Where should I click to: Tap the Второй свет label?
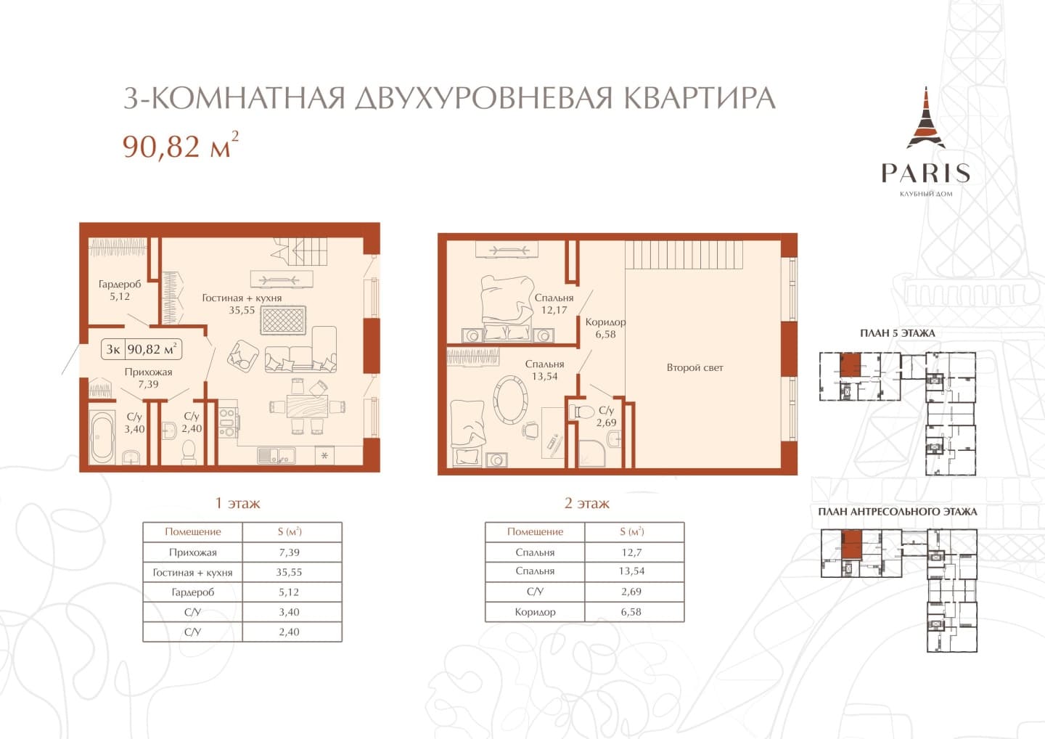pyautogui.click(x=694, y=367)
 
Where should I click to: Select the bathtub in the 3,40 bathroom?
pyautogui.click(x=102, y=437)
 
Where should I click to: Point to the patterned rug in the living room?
pyautogui.click(x=283, y=320)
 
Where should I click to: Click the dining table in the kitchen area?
pyautogui.click(x=307, y=407)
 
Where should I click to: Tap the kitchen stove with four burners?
pyautogui.click(x=228, y=422)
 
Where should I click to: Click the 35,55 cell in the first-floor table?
pyautogui.click(x=289, y=572)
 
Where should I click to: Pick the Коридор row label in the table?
pyautogui.click(x=535, y=612)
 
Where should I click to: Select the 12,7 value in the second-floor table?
pyautogui.click(x=631, y=552)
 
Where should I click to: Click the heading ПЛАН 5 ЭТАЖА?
pyautogui.click(x=898, y=333)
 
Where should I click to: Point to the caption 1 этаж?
pyautogui.click(x=237, y=503)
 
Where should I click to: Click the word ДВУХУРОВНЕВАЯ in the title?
pyautogui.click(x=483, y=98)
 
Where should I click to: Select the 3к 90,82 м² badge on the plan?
pyautogui.click(x=142, y=349)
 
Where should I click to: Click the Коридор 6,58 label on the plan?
pyautogui.click(x=605, y=328)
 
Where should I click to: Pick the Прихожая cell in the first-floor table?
pyautogui.click(x=193, y=552)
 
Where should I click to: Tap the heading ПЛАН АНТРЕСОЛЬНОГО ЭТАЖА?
pyautogui.click(x=898, y=512)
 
